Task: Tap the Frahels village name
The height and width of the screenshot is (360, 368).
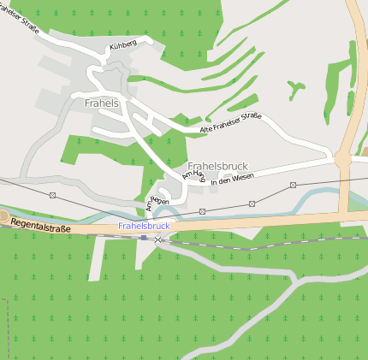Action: [102, 103]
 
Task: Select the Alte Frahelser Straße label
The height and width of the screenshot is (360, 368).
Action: [230, 123]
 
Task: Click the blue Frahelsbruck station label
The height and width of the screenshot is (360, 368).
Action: [144, 226]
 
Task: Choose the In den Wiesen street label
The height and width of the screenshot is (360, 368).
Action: [233, 180]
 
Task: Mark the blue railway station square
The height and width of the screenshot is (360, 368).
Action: [144, 237]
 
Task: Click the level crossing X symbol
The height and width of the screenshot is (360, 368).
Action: [157, 240]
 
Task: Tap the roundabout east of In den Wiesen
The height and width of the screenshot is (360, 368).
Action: [342, 158]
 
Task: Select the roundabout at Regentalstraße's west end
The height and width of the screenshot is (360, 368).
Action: [3, 215]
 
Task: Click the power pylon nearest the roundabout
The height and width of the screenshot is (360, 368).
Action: [293, 185]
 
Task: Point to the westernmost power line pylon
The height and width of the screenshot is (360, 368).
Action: [52, 195]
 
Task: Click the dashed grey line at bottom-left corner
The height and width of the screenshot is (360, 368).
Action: [7, 325]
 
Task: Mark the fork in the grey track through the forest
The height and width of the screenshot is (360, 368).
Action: [294, 280]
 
